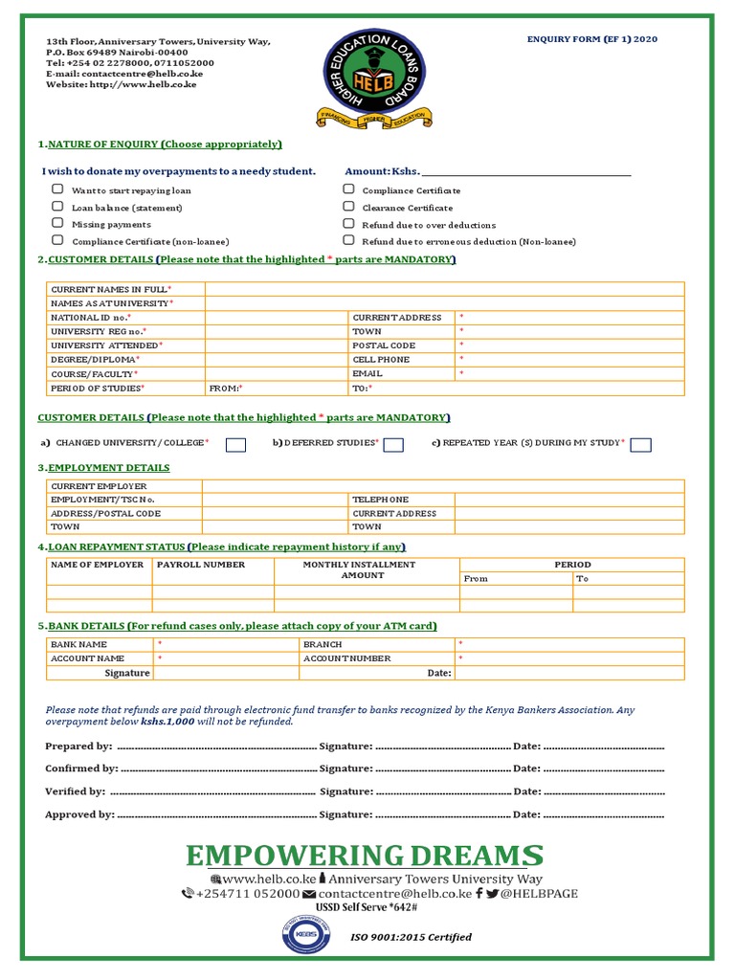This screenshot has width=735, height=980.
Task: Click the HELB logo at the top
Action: coord(376,78)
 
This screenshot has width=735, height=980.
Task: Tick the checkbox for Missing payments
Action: coord(58,224)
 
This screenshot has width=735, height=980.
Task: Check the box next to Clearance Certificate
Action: coord(348,207)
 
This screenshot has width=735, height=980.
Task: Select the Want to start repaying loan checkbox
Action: coord(58,189)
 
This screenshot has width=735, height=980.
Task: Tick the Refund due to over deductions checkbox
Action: coord(348,224)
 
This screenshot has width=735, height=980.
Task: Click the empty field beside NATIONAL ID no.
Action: coord(276,317)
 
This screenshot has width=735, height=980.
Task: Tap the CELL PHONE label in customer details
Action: coord(381,359)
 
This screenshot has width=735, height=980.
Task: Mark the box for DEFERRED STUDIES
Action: coord(392,444)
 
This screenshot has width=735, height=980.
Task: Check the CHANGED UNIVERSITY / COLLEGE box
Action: coord(235,444)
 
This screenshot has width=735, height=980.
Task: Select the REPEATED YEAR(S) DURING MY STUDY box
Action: coord(641,444)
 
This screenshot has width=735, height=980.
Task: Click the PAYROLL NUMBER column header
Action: coord(201,565)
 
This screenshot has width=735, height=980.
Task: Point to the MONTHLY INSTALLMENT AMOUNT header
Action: coord(360,570)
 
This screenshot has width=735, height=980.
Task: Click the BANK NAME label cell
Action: coord(79,644)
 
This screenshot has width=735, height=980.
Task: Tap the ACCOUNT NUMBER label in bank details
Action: coord(346,658)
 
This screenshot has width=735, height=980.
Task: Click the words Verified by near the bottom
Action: coord(75,791)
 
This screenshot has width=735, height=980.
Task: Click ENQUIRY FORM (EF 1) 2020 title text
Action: coord(592,39)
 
